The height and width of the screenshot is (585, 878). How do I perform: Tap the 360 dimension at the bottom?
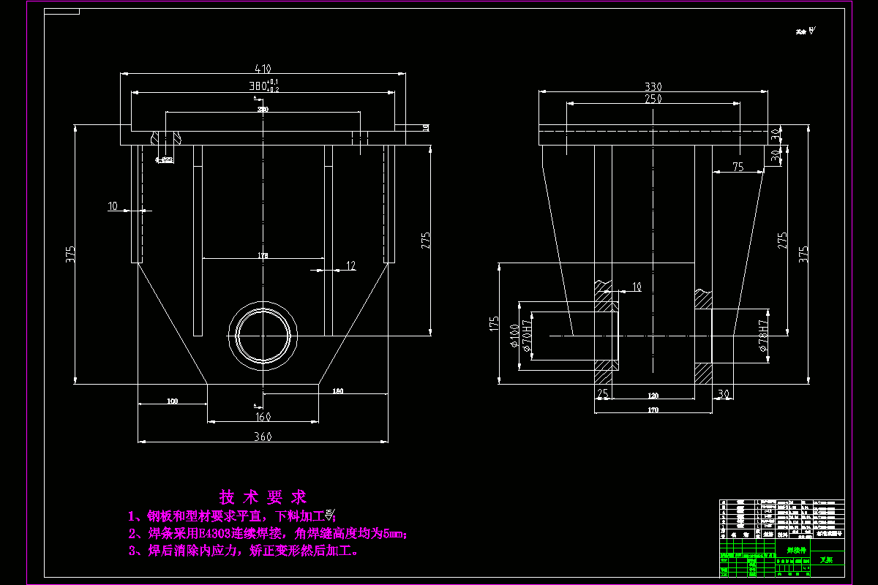pyautogui.click(x=263, y=437)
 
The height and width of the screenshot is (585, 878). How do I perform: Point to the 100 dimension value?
pyautogui.click(x=172, y=401)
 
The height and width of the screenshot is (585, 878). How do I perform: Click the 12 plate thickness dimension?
pyautogui.click(x=350, y=265)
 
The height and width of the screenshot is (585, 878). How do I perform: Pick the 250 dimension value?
pyautogui.click(x=653, y=99)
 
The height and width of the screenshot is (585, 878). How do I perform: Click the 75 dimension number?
pyautogui.click(x=738, y=167)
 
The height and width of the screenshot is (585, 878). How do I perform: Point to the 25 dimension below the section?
pyautogui.click(x=603, y=394)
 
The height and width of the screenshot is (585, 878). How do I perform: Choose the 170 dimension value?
pyautogui.click(x=653, y=410)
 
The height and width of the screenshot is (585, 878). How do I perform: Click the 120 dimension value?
pyautogui.click(x=653, y=395)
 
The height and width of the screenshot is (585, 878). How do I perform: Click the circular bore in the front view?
pyautogui.click(x=263, y=335)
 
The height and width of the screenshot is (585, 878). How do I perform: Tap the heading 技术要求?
pyautogui.click(x=263, y=498)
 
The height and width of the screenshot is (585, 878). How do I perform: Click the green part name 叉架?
pyautogui.click(x=826, y=559)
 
